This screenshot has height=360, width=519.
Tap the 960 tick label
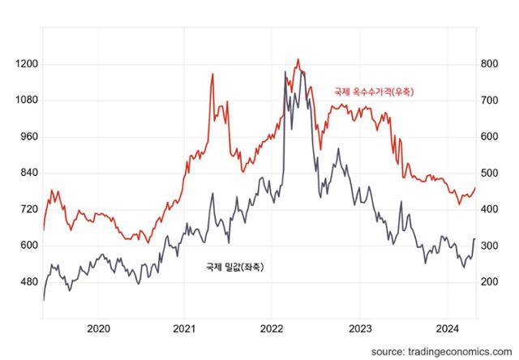point(28,136)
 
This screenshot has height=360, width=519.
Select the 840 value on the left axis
point(28,173)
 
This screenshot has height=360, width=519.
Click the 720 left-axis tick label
point(28,209)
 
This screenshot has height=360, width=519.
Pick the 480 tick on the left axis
point(28,281)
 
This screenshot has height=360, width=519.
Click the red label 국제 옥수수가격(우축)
point(374,92)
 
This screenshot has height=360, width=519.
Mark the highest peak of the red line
point(298,59)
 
